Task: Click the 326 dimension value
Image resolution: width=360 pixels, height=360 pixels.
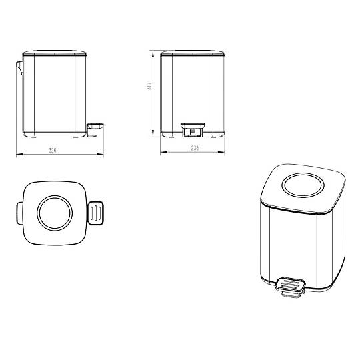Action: [x=53, y=151]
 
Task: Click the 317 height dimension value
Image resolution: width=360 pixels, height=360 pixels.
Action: [x=149, y=85]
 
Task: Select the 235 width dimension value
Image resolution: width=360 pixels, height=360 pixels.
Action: [x=195, y=148]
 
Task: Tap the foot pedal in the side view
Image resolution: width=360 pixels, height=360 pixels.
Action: [x=95, y=130]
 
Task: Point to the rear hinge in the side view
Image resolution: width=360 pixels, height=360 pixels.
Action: [x=20, y=68]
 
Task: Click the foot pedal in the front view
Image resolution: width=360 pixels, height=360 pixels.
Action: [x=193, y=130]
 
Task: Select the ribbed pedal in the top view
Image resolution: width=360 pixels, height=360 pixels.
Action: [x=96, y=213]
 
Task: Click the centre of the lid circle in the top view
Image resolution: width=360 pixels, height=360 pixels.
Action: [x=55, y=213]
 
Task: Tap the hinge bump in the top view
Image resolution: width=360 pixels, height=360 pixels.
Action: [x=19, y=213]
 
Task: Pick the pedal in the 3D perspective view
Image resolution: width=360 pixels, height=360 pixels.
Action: [x=291, y=288]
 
